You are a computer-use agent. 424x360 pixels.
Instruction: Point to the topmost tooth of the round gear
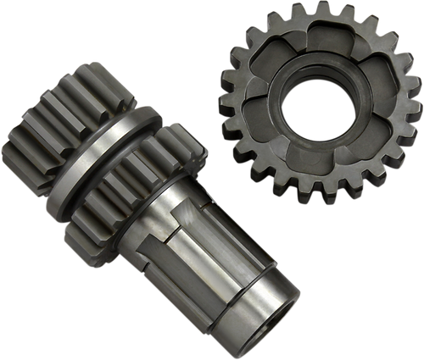coord(298,11)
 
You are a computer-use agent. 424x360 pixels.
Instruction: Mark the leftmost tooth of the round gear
coord(226,102)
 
